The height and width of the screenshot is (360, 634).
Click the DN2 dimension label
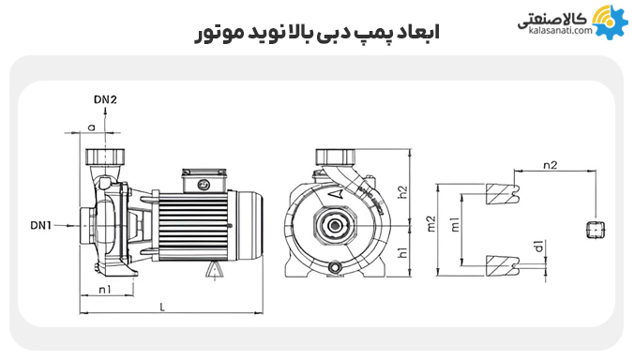pyautogui.click(x=106, y=98)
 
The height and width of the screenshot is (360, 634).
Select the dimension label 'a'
pyautogui.click(x=92, y=126)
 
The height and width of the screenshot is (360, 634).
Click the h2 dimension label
pyautogui.click(x=403, y=192)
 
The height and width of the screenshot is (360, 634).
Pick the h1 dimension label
pyautogui.click(x=403, y=252)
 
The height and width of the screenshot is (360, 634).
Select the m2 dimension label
pyautogui.click(x=431, y=224)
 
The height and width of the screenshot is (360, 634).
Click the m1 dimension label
pyautogui.click(x=455, y=225)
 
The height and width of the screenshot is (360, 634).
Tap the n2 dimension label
pyautogui.click(x=551, y=164)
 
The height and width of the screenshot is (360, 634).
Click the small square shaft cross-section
pyautogui.click(x=592, y=227)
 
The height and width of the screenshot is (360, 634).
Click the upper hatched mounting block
pyautogui.click(x=503, y=192)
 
